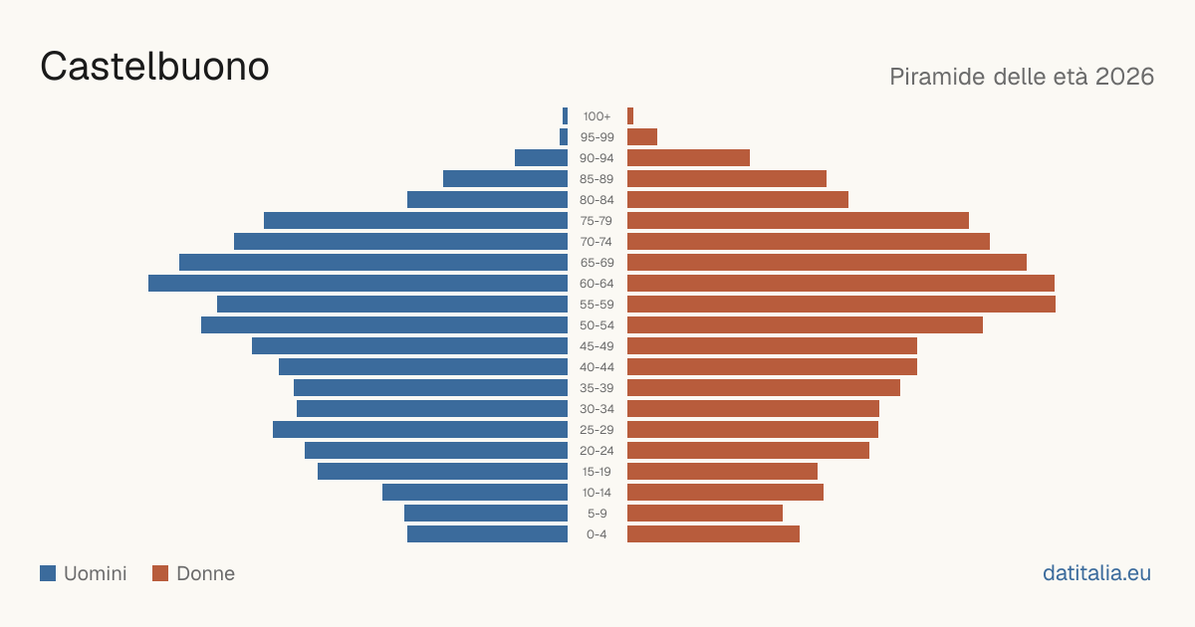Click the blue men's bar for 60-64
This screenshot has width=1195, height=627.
pos(358,283)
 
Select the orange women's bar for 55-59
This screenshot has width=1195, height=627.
pos(841,304)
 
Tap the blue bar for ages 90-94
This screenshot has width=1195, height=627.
pos(541,158)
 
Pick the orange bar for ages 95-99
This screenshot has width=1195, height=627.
pos(642,137)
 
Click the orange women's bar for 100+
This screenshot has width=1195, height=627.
pos(630,116)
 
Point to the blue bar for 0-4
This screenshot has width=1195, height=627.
pos(488,533)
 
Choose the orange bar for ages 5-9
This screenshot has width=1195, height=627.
pos(705,513)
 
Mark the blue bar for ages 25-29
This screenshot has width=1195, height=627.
pos(420,430)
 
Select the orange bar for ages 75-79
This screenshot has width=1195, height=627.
pos(798,221)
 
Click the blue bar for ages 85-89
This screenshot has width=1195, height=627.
pos(505,178)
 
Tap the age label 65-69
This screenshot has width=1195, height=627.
pos(597,263)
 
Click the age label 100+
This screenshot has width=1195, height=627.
pos(597,116)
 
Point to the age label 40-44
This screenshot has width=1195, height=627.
pos(597,367)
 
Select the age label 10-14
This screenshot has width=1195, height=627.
pos(597,493)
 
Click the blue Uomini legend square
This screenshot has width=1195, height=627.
pos(48,573)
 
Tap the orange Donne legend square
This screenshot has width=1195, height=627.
pos(160,573)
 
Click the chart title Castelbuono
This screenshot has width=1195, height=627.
pos(154,67)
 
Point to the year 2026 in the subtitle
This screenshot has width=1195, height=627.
pos(1124,77)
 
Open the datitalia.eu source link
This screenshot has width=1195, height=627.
pos(1096,573)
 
